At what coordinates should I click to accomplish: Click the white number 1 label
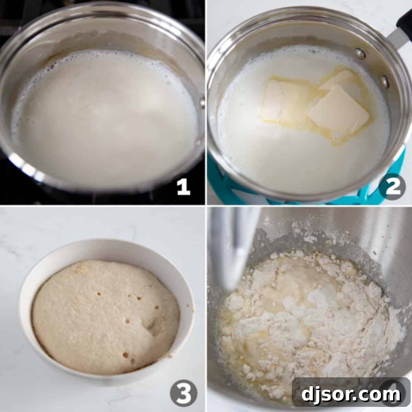tap(183, 188)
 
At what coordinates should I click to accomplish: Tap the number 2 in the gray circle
tap(392, 187)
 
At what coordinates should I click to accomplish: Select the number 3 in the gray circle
tap(184, 393)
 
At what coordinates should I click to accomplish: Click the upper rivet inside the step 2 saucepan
tap(359, 53)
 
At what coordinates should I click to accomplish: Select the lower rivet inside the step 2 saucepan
tap(385, 81)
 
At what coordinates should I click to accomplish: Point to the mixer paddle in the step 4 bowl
tap(237, 247)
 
